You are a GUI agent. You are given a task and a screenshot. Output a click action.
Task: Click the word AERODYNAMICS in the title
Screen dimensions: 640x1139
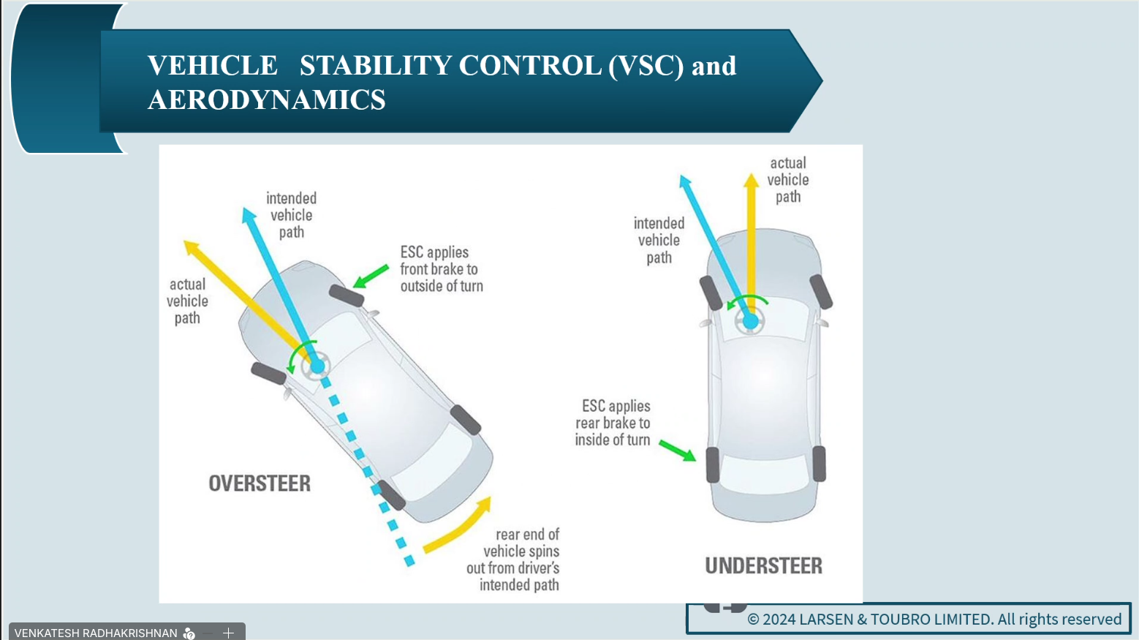(x=266, y=99)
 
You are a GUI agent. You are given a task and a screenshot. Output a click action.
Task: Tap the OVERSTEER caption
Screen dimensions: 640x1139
(x=260, y=483)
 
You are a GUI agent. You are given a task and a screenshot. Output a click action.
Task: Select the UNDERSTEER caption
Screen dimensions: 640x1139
(x=763, y=565)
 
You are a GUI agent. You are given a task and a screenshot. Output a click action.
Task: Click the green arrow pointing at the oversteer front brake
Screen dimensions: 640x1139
(x=371, y=276)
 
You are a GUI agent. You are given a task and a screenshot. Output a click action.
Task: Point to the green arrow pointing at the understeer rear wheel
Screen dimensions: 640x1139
(x=678, y=450)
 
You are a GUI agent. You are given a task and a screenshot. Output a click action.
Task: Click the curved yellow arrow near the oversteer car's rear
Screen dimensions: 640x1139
(x=459, y=527)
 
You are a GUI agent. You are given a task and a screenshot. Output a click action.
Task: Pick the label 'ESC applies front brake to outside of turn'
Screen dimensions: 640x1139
(x=441, y=269)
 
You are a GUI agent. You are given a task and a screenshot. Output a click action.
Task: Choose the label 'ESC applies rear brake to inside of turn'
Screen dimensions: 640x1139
(x=613, y=423)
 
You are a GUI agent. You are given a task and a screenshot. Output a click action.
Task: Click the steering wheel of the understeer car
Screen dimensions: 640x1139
(x=750, y=321)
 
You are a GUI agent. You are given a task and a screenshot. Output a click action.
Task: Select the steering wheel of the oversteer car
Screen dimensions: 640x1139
(x=317, y=366)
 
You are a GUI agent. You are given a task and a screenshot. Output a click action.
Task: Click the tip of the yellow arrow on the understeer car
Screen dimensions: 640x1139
(x=751, y=179)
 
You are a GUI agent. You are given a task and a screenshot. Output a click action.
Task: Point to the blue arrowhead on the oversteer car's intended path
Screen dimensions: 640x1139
(x=249, y=214)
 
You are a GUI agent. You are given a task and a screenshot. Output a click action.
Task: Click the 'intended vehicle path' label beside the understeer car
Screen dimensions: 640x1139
(x=659, y=240)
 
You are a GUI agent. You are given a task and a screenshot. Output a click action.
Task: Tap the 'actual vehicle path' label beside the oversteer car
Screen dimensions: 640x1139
(x=187, y=301)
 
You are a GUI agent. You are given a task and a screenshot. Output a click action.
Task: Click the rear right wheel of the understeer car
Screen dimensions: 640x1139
(x=819, y=464)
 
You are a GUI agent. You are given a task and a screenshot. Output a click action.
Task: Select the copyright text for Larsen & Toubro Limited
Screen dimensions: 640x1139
(x=934, y=620)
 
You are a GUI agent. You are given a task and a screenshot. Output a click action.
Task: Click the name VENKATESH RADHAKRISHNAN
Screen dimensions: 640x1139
(x=96, y=633)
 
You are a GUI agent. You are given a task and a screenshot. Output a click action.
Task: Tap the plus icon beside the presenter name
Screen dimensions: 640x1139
(x=228, y=633)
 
